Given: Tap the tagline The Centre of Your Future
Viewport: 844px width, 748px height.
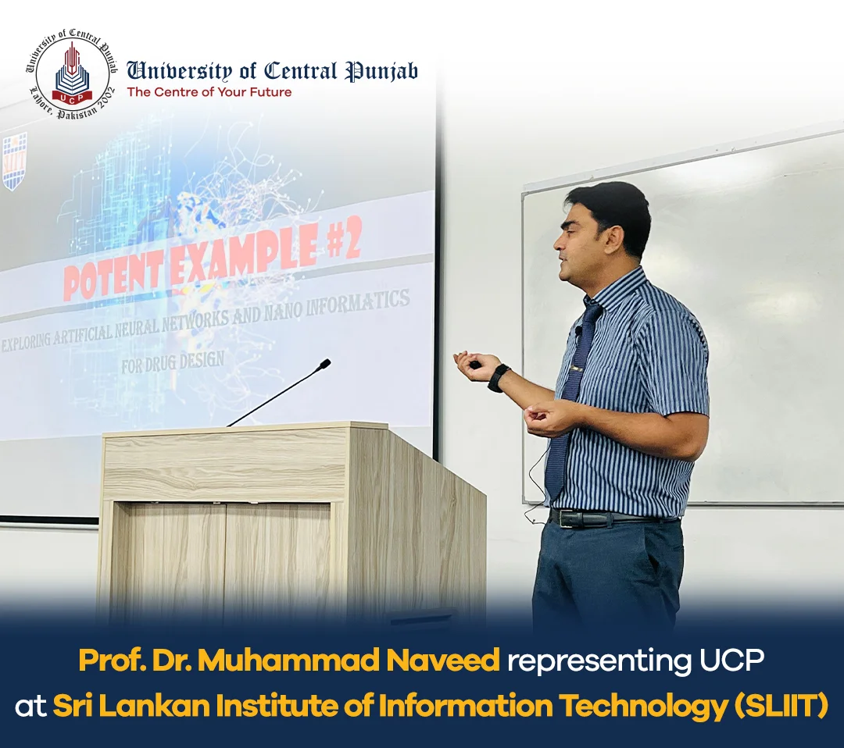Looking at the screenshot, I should (x=209, y=92).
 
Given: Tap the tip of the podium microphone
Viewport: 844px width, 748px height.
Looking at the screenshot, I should (x=324, y=364).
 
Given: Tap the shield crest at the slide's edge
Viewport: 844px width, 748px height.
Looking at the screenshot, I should (x=14, y=161).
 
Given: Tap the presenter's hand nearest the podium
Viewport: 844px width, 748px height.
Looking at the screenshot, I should (x=474, y=364).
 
